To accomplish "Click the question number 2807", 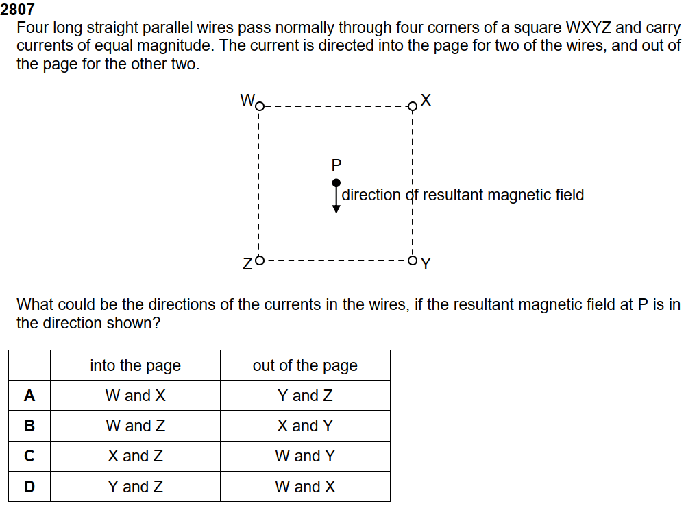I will pyautogui.click(x=18, y=10).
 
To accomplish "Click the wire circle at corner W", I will pyautogui.click(x=258, y=106).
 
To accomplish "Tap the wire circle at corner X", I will pyautogui.click(x=412, y=106).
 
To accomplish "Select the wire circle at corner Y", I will pyautogui.click(x=412, y=260).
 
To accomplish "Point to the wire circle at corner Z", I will pyautogui.click(x=258, y=260).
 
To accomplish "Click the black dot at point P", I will pyautogui.click(x=336, y=183).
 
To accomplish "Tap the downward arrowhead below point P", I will pyautogui.click(x=336, y=209).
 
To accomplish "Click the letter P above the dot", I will pyautogui.click(x=336, y=165).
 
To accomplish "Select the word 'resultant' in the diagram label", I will pyautogui.click(x=452, y=195).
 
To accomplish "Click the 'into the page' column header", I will pyautogui.click(x=135, y=365).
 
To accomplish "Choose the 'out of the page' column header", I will pyautogui.click(x=305, y=365).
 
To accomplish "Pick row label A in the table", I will pyautogui.click(x=29, y=396).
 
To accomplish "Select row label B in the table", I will pyautogui.click(x=29, y=426).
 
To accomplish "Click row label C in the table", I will pyautogui.click(x=29, y=456).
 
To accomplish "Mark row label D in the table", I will pyautogui.click(x=29, y=487).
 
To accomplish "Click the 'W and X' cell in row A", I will pyautogui.click(x=135, y=396).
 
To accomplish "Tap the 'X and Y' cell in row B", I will pyautogui.click(x=305, y=426).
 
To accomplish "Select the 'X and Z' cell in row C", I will pyautogui.click(x=135, y=456).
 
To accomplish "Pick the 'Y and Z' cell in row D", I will pyautogui.click(x=135, y=487).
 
